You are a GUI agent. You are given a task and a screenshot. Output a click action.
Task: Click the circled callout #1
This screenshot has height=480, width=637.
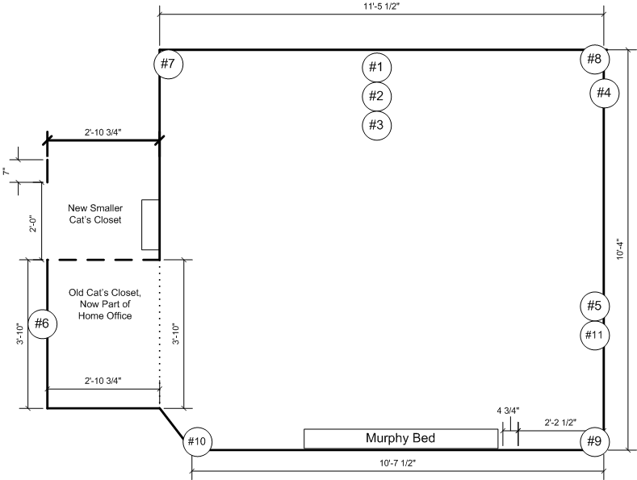click(x=375, y=66)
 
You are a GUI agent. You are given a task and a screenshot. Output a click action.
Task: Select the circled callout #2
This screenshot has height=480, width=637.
click(x=375, y=96)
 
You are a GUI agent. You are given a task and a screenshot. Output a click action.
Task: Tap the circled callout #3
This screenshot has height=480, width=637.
click(x=375, y=125)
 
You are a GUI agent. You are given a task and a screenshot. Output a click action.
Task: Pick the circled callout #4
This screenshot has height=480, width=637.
click(x=604, y=93)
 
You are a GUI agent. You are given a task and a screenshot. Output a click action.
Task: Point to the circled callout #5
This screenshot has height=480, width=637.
click(x=594, y=306)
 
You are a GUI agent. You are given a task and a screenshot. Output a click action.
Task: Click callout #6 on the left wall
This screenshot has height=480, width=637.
click(x=42, y=324)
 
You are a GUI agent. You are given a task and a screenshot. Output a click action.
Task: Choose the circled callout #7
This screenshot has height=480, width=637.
click(x=168, y=63)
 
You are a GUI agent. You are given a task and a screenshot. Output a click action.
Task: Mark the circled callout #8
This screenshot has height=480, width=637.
click(x=594, y=59)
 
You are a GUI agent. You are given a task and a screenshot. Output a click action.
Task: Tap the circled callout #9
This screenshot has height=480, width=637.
click(x=595, y=441)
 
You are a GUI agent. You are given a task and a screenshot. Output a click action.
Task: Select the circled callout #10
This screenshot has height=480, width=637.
click(x=198, y=441)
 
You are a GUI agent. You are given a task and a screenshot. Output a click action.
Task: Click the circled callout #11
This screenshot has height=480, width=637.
click(x=594, y=335)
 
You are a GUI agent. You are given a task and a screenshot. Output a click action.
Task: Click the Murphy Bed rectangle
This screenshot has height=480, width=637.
click(x=400, y=439)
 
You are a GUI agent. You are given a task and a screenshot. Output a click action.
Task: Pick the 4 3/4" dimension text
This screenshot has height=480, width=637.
click(x=508, y=411)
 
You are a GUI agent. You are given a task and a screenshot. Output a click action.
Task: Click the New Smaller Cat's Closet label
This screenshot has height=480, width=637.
click(x=94, y=214)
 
